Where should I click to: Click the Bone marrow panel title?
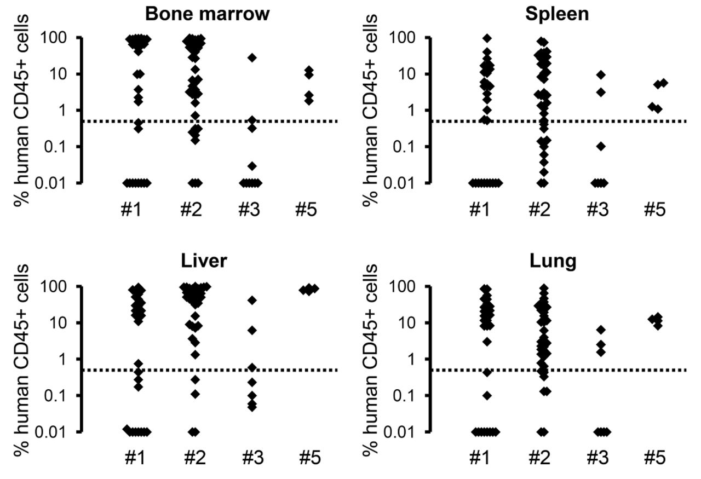(x=208, y=14)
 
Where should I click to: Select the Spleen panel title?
(x=557, y=14)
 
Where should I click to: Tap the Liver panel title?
(x=204, y=262)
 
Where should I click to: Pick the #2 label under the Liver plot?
(x=192, y=458)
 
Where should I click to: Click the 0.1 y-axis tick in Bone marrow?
(x=62, y=147)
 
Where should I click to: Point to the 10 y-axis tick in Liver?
(x=66, y=323)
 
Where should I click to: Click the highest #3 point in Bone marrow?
(x=252, y=57)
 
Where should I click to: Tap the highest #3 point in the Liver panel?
(x=252, y=300)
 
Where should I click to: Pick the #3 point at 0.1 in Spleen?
(x=601, y=146)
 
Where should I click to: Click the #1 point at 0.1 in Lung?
(x=487, y=395)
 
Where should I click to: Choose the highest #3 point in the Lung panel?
(x=601, y=330)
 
